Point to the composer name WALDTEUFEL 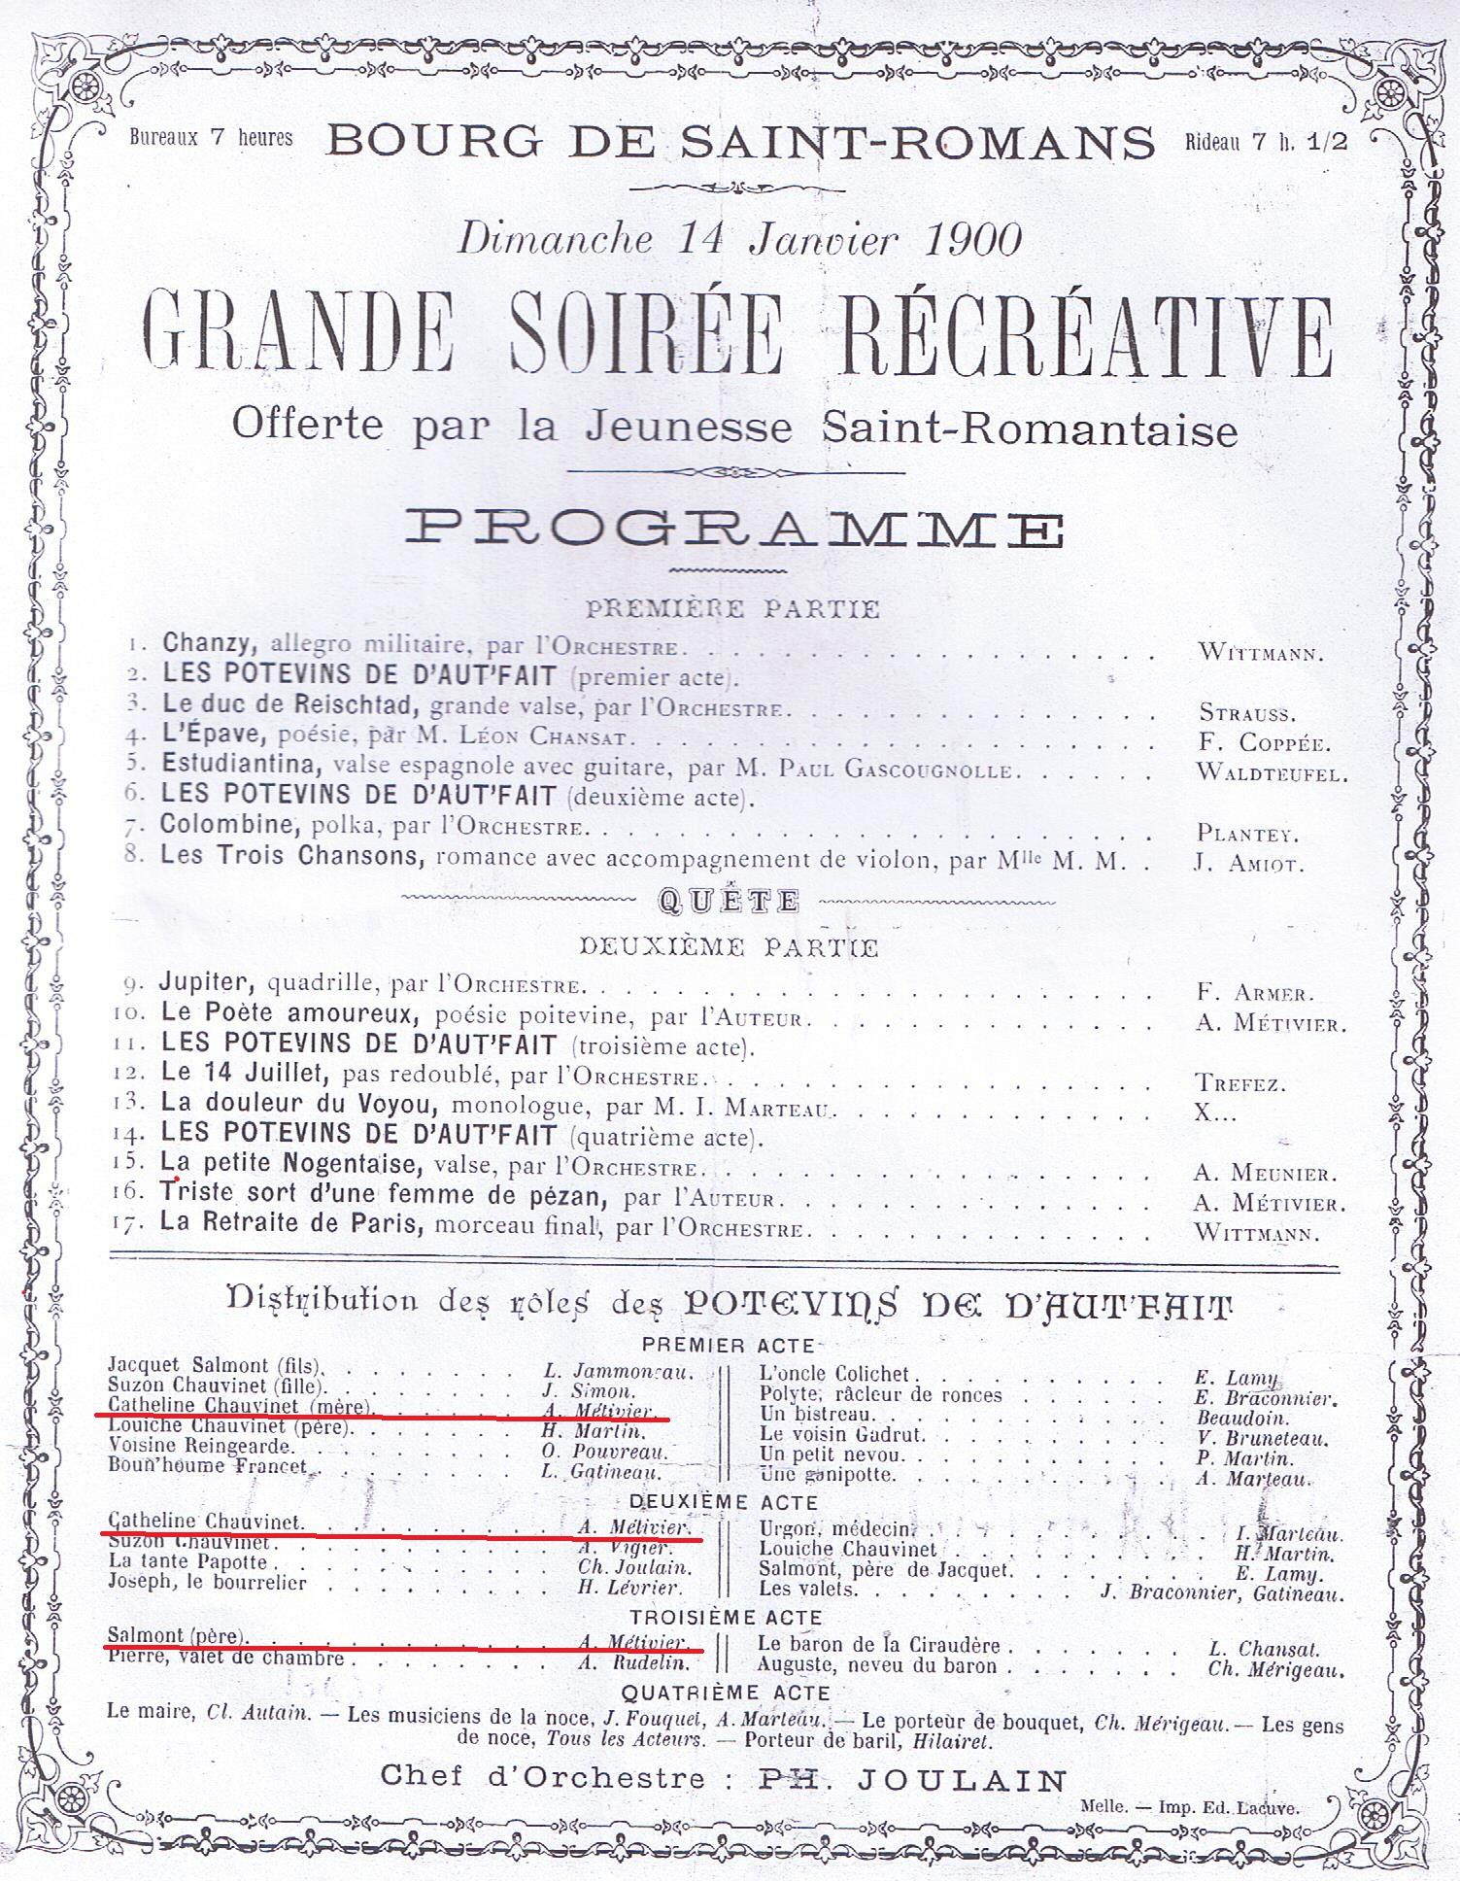point(1272,773)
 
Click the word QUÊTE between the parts point(729,901)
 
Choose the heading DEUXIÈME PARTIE point(729,946)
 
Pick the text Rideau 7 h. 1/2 point(1266,141)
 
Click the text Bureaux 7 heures point(211,137)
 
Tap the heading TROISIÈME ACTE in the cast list point(727,1618)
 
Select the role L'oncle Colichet point(833,1374)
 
